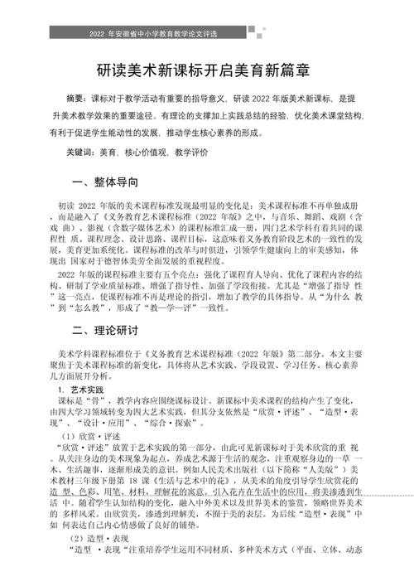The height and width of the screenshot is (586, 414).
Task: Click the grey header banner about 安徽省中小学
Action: (207, 33)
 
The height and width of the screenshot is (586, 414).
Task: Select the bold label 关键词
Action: (80, 153)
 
